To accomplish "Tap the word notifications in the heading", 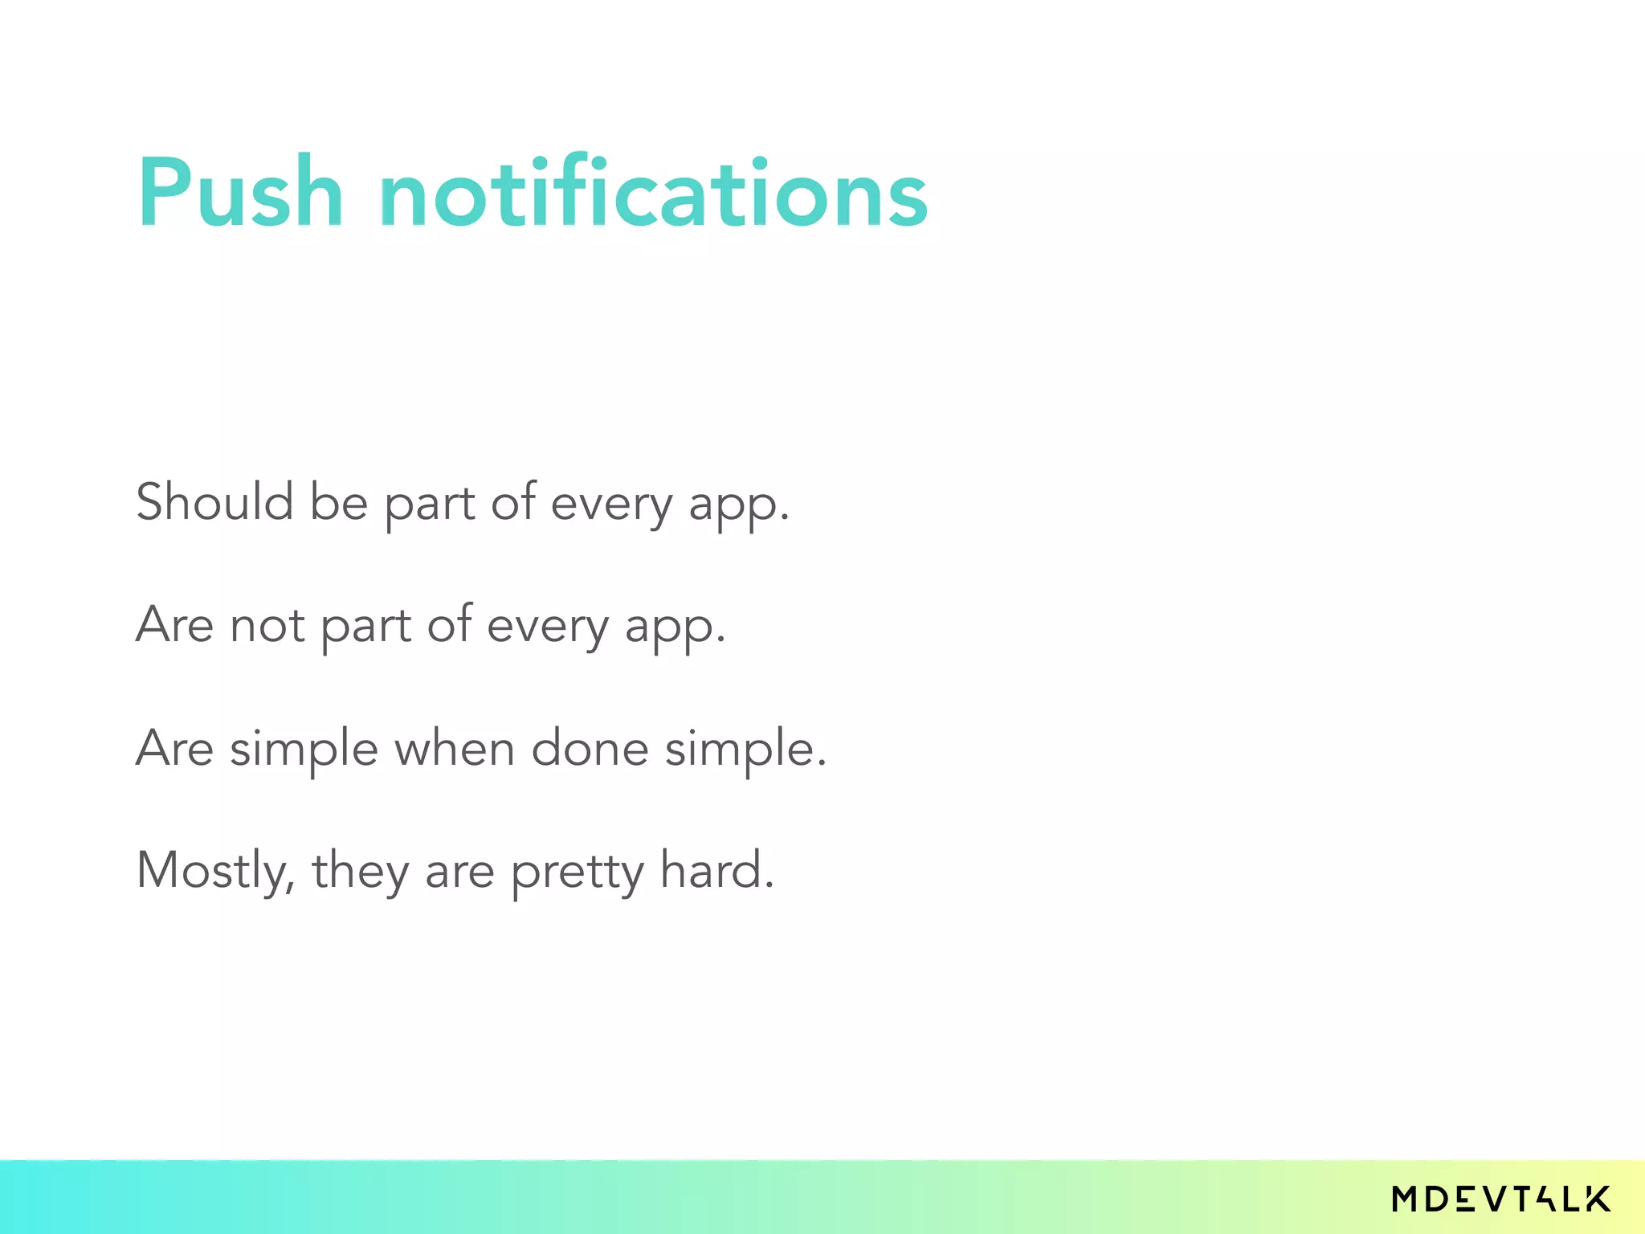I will point(653,193).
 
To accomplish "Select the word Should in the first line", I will point(214,502).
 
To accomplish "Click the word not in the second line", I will point(267,625).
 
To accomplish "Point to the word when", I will point(454,749).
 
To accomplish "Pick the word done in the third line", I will point(590,749).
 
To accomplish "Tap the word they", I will point(360,872).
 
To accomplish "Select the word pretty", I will point(578,872).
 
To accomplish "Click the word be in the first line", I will point(338,502).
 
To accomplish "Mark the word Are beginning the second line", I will point(174,625).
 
